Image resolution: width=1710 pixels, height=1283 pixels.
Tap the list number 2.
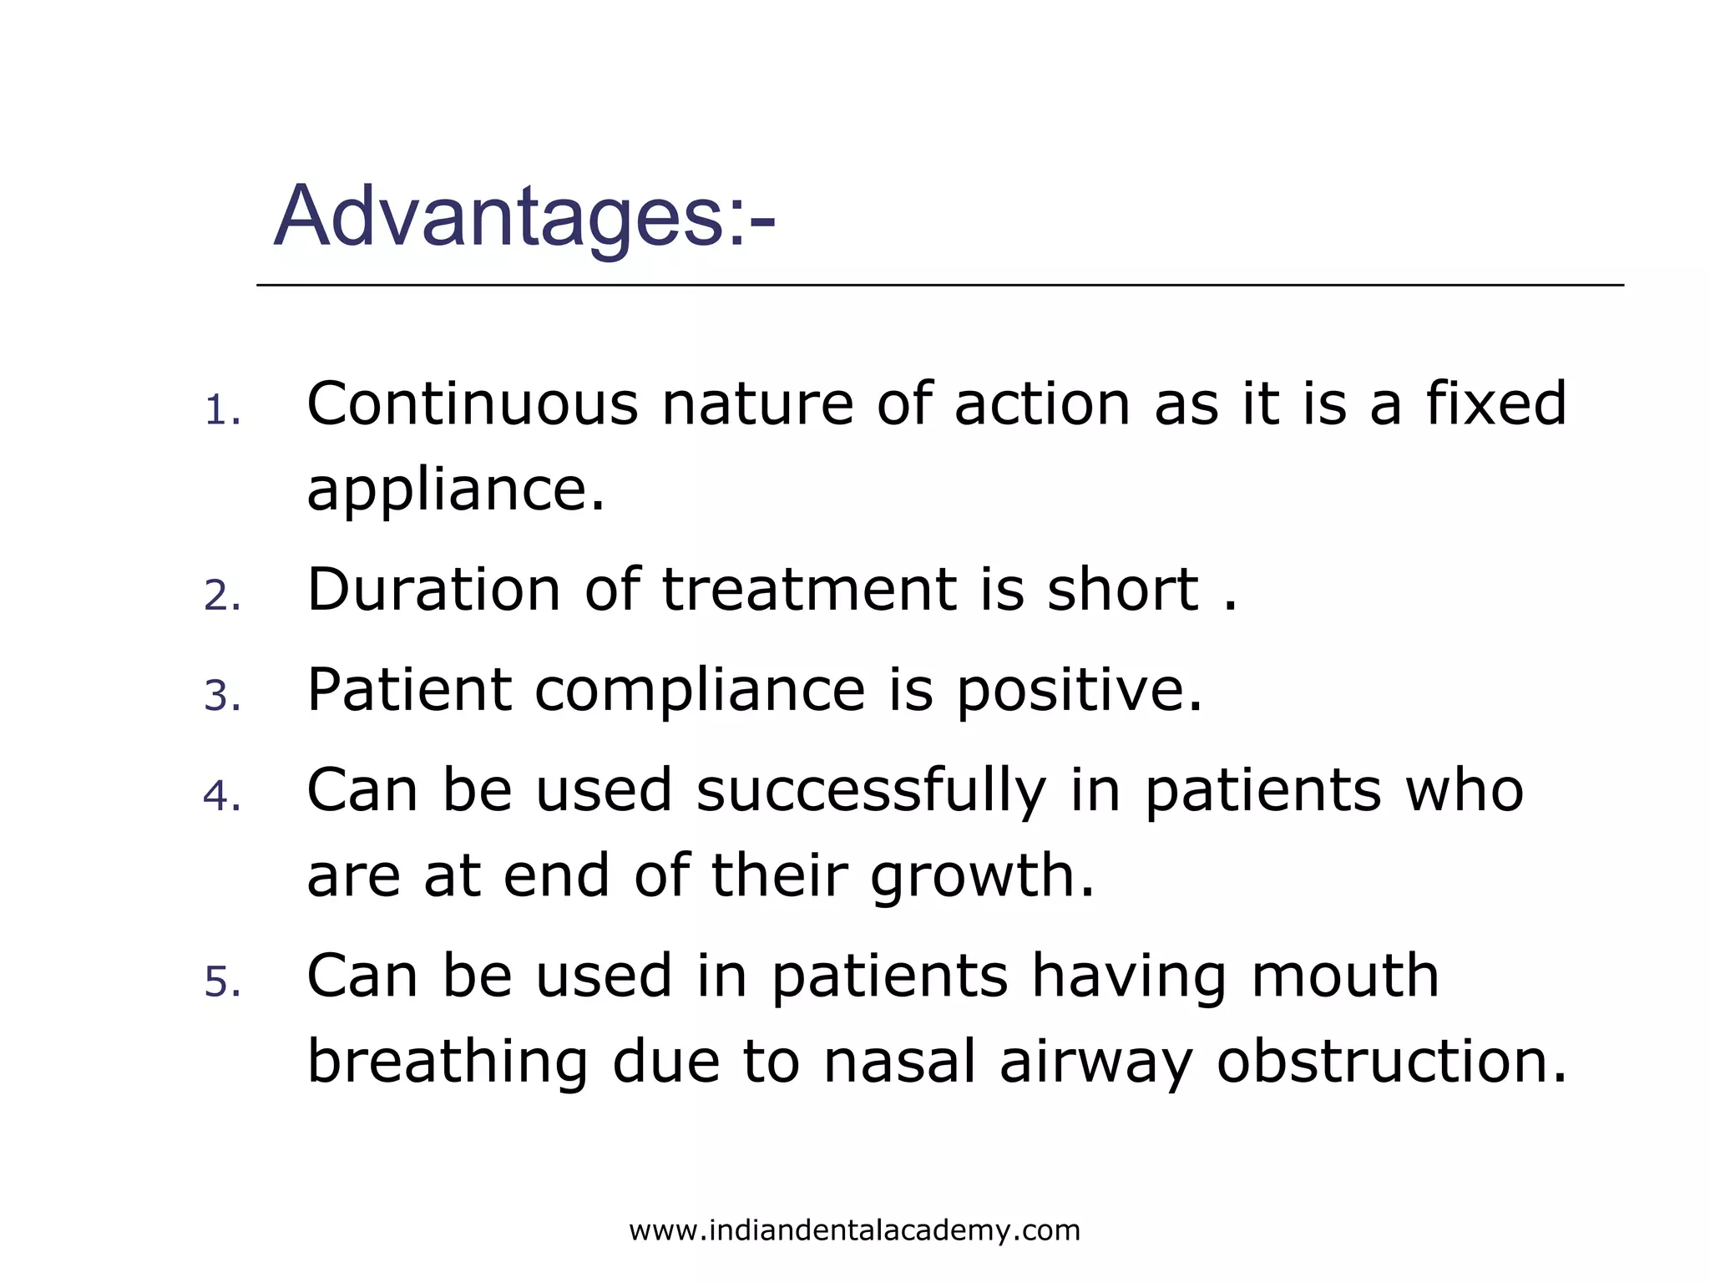[222, 596]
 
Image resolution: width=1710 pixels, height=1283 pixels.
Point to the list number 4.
[222, 797]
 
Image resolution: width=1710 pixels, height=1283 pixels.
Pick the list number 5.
[222, 982]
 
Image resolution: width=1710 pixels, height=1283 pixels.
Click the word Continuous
[473, 404]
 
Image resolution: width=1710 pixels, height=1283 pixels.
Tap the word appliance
[455, 491]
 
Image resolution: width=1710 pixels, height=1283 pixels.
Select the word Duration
[434, 590]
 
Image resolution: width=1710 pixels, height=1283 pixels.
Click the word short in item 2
[1123, 590]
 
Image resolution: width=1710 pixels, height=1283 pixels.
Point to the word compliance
[700, 692]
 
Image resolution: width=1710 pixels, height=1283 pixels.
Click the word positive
[1079, 692]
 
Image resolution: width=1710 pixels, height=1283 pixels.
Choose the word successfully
[871, 792]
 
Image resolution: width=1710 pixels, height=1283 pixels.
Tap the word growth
[982, 877]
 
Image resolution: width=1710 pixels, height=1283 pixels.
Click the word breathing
[448, 1062]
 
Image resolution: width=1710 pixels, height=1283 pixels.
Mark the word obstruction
[1391, 1062]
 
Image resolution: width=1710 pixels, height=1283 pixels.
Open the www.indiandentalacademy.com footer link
[854, 1231]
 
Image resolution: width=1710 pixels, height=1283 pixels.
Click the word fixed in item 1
[1495, 404]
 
